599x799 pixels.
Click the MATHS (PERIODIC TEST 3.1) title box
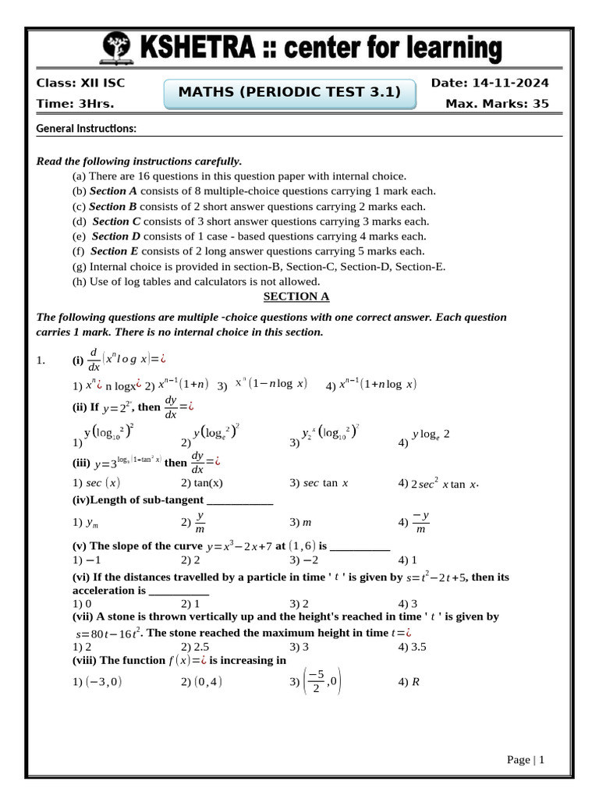pyautogui.click(x=290, y=93)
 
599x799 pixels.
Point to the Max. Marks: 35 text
pyautogui.click(x=497, y=104)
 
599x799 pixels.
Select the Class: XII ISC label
pyautogui.click(x=80, y=83)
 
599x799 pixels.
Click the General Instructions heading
pyautogui.click(x=87, y=128)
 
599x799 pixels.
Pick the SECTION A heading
pyautogui.click(x=296, y=297)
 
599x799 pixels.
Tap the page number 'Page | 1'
pyautogui.click(x=525, y=759)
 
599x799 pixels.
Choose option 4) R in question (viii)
pyautogui.click(x=409, y=681)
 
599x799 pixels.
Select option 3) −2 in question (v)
pyautogui.click(x=303, y=560)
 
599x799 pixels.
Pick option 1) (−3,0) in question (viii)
pyautogui.click(x=97, y=681)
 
